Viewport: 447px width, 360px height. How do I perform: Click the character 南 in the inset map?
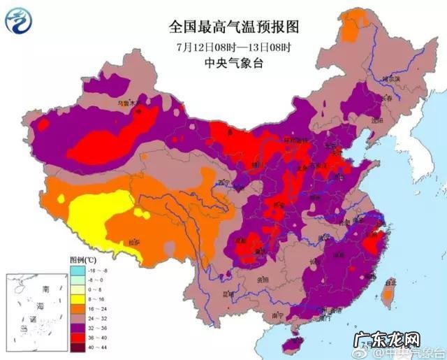pos(46,289)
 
